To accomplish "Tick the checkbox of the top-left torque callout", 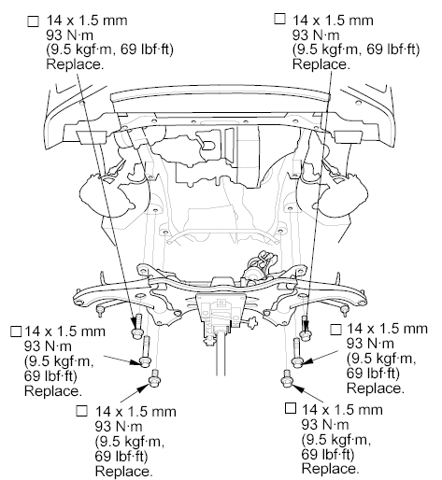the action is (x=34, y=21).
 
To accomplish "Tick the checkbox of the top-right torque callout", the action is (x=279, y=19).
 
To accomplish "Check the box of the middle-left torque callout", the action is (x=16, y=332).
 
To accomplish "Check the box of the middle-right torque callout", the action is (x=335, y=330).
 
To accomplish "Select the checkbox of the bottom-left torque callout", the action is (x=82, y=411).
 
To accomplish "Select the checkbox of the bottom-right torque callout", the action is (x=291, y=408).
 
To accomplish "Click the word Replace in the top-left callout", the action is (x=75, y=64).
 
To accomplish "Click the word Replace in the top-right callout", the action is (x=321, y=64).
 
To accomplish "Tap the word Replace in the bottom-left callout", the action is (x=123, y=471).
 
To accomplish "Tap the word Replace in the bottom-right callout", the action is (x=330, y=468).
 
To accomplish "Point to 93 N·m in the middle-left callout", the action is (x=48, y=346).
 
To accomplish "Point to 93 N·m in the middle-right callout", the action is (x=370, y=343).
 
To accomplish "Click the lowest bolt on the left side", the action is (x=154, y=378).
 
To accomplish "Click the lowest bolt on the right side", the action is (x=287, y=378).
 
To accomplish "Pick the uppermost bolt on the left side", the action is (x=136, y=326).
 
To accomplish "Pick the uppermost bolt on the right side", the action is (x=305, y=328).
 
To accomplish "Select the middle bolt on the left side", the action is (x=146, y=351).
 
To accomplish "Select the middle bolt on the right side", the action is (x=297, y=352).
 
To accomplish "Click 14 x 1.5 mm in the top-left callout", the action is (x=87, y=21).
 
